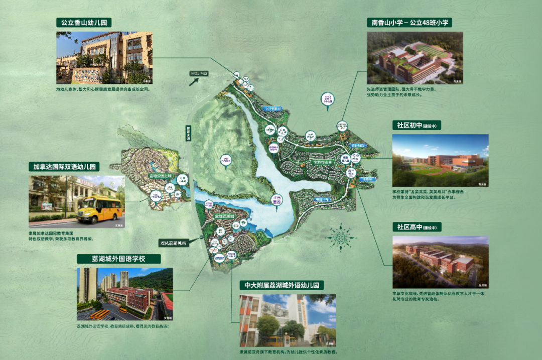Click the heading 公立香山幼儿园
pyautogui.click(x=84, y=23)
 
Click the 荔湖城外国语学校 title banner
pyautogui.click(x=118, y=259)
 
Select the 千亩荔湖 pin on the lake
pyautogui.click(x=277, y=200)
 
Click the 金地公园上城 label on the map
pyautogui.click(x=160, y=176)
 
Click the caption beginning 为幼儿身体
pyautogui.click(x=103, y=89)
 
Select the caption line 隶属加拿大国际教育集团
pyautogui.click(x=55, y=233)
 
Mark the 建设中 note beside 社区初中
pyautogui.click(x=433, y=126)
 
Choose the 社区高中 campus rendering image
pyautogui.click(x=440, y=262)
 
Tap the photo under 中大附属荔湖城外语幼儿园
pyautogui.click(x=288, y=320)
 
